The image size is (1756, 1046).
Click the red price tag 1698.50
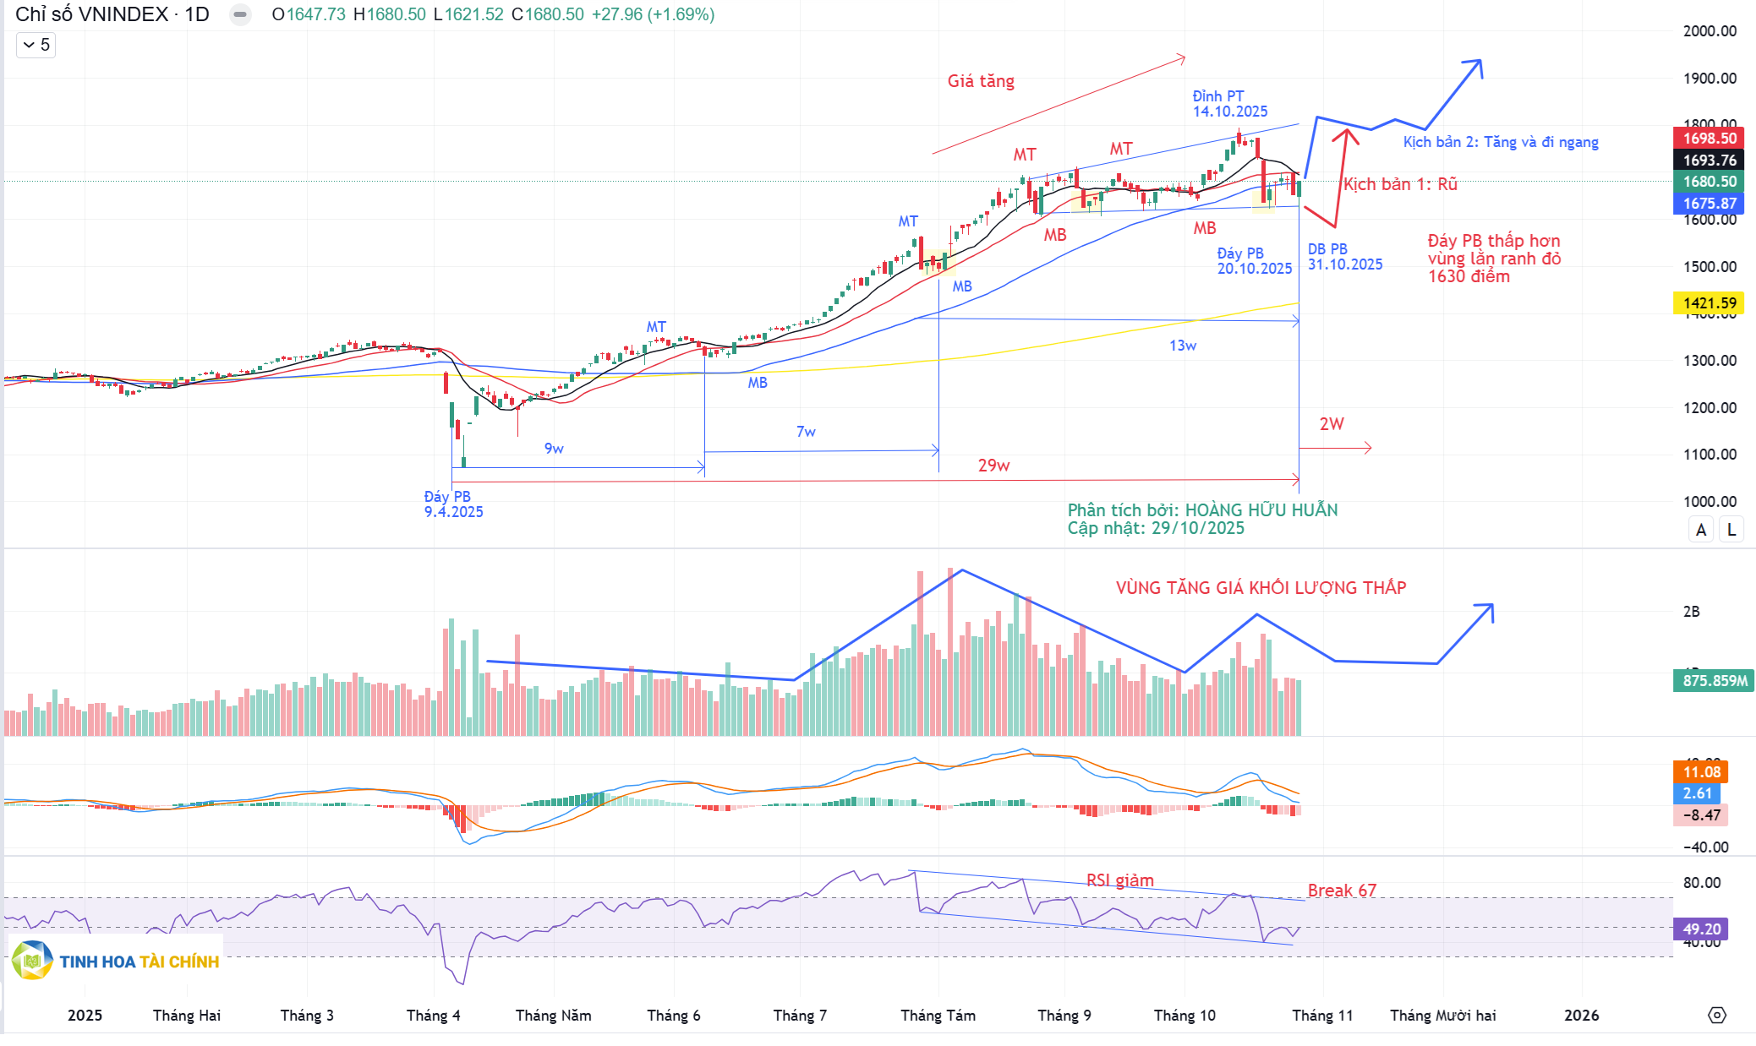click(x=1709, y=138)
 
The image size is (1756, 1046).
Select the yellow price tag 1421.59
click(x=1709, y=302)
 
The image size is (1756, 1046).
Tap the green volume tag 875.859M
click(x=1714, y=680)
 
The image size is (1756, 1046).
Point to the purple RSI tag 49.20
click(x=1700, y=929)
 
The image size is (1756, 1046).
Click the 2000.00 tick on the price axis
click(x=1710, y=31)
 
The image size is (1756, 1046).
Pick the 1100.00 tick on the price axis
click(x=1710, y=454)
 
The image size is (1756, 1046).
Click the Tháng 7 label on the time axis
click(x=800, y=1015)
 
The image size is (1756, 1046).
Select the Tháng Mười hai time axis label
click(x=1442, y=1015)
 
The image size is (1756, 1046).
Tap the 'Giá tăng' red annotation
click(x=981, y=81)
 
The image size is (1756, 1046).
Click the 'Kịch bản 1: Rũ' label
click(x=1400, y=184)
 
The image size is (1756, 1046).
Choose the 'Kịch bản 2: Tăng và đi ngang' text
click(x=1501, y=142)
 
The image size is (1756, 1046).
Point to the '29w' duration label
click(x=993, y=466)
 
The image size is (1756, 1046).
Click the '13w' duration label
click(x=1183, y=346)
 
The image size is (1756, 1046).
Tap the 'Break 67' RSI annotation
click(x=1342, y=891)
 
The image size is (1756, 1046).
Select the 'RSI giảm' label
click(x=1119, y=880)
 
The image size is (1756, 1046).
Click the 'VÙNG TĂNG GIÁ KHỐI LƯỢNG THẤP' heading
click(x=1261, y=588)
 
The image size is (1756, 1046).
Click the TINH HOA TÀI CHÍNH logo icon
click(x=32, y=961)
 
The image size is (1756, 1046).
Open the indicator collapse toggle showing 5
click(x=36, y=45)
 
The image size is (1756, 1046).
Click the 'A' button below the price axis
click(x=1701, y=530)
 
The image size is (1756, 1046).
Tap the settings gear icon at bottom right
click(x=1717, y=1015)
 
